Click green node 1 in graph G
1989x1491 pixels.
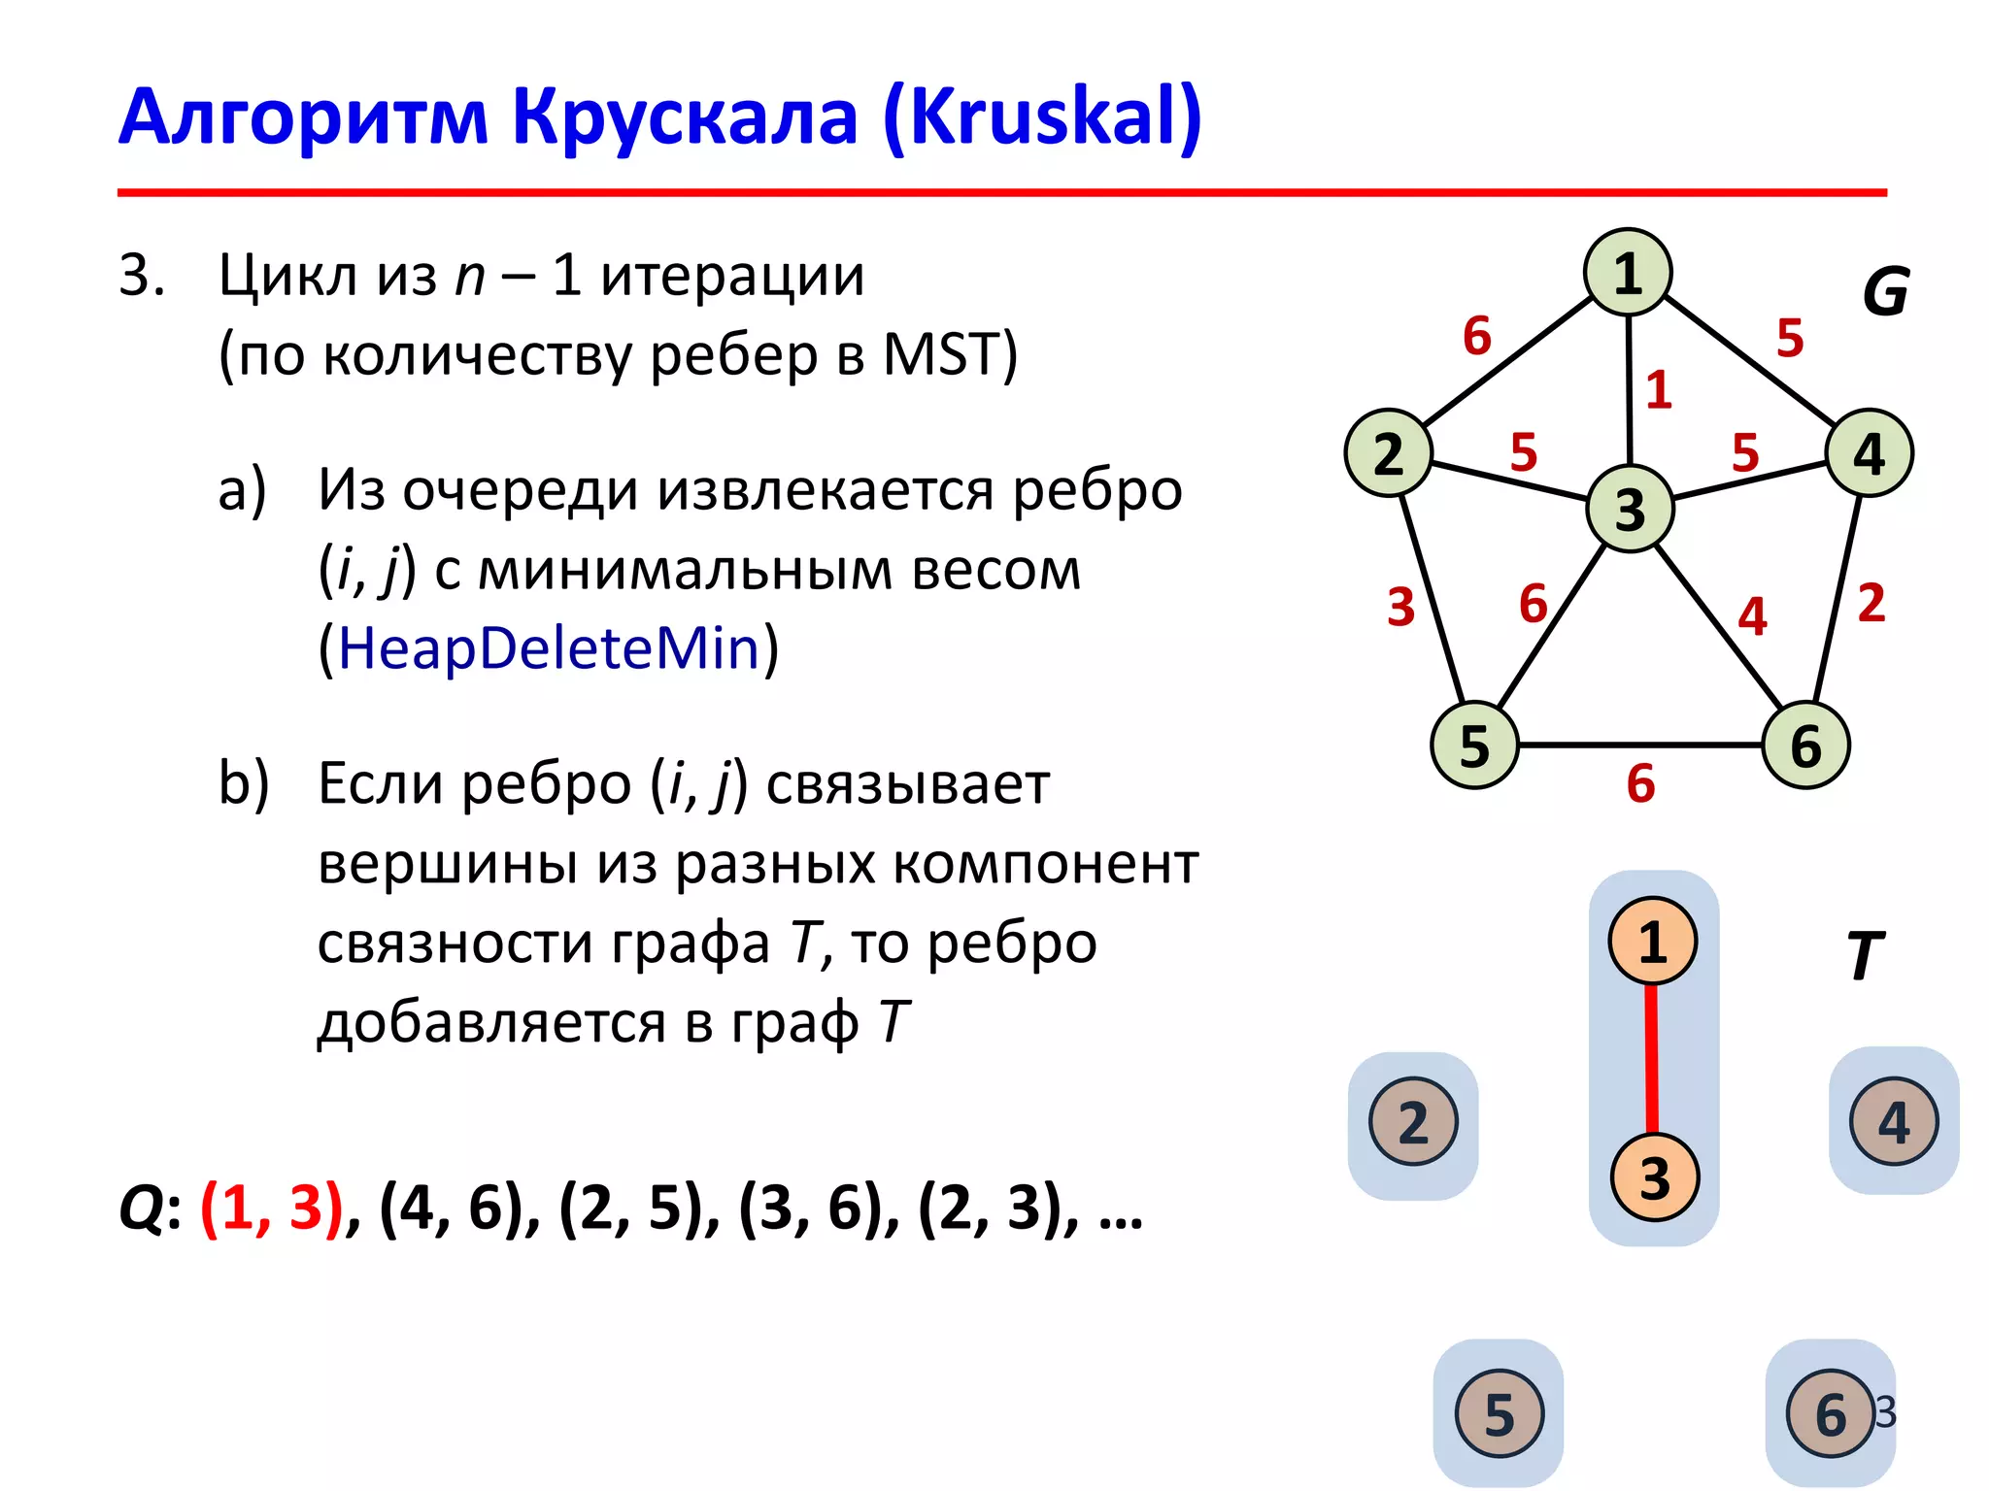click(1628, 273)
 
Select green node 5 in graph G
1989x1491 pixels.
click(1474, 745)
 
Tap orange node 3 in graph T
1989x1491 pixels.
click(1654, 1177)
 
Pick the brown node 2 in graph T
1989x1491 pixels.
click(1413, 1122)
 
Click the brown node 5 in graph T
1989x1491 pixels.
click(1499, 1413)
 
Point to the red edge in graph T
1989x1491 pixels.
click(1651, 1060)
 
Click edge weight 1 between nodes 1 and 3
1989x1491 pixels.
click(1659, 390)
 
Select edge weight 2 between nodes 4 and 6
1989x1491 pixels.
click(1871, 603)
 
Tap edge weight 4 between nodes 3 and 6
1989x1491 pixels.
click(1752, 616)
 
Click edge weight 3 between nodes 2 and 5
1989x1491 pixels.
click(1400, 608)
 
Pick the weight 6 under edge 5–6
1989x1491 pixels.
click(1640, 783)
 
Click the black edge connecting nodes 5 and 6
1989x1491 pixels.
click(1640, 745)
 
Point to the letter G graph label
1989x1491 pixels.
click(1885, 292)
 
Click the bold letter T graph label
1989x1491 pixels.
click(1865, 956)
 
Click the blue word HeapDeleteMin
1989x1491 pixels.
click(549, 648)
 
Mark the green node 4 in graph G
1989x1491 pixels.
click(1870, 453)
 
